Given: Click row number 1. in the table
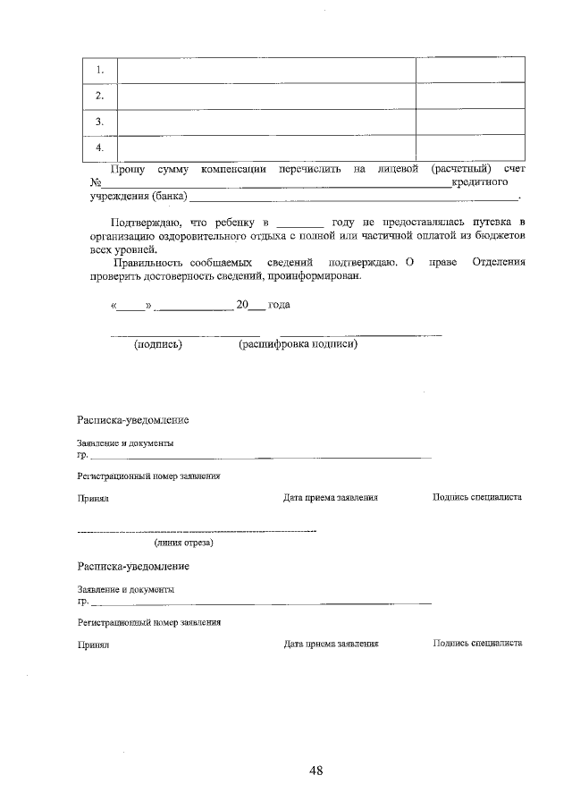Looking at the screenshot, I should [x=100, y=70].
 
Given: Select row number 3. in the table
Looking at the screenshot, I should [x=100, y=121].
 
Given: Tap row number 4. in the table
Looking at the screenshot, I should [x=100, y=147].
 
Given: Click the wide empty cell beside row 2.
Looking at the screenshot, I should [x=266, y=96].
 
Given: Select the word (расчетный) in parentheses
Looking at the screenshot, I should [x=460, y=168].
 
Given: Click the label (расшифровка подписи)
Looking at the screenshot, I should [x=298, y=344].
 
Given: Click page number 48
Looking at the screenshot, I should [x=315, y=771].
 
